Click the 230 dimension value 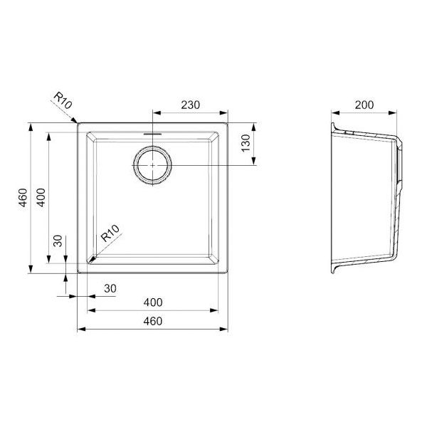190,105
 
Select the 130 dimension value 246,143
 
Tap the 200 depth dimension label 364,105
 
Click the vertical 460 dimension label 23,198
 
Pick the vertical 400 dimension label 41,198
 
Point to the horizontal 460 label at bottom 153,322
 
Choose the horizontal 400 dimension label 153,302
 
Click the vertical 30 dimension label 58,241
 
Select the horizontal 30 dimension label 110,288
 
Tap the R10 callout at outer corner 63,100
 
